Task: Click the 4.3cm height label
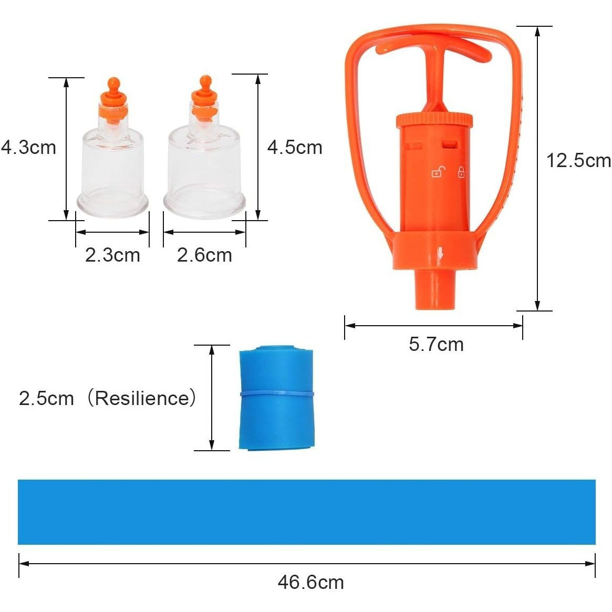[x=29, y=147]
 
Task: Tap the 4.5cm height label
[x=295, y=147]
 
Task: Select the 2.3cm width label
[x=112, y=255]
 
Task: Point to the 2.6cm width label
[x=204, y=255]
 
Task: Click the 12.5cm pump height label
[x=578, y=160]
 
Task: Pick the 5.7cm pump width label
[x=436, y=345]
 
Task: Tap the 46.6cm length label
[x=310, y=582]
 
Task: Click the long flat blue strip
[x=306, y=512]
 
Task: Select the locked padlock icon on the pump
[x=461, y=172]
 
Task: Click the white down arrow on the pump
[x=440, y=256]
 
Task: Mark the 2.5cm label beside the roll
[x=46, y=398]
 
